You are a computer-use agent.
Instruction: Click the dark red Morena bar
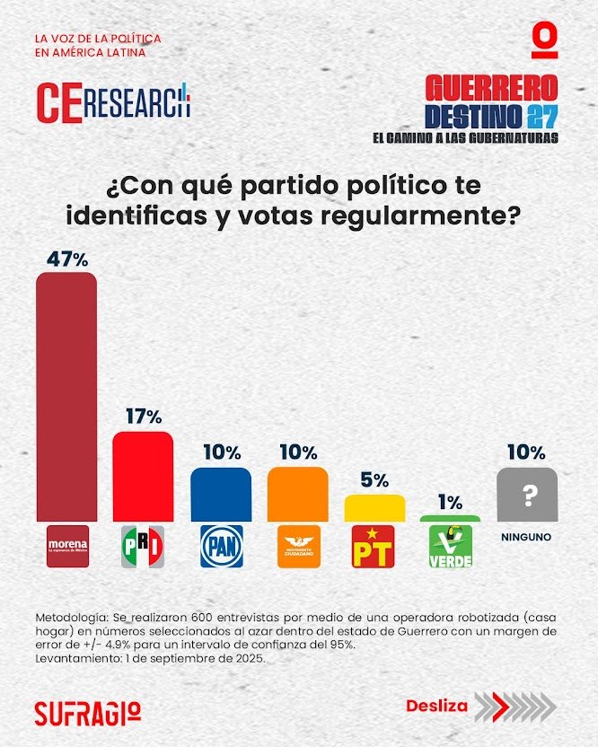point(66,395)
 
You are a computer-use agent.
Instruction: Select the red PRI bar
point(143,476)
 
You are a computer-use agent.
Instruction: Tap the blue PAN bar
point(221,494)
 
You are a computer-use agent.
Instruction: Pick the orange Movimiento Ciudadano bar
point(297,494)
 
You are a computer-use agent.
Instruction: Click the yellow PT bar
point(374,507)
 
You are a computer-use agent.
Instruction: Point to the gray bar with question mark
point(527,494)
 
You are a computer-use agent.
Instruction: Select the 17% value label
point(144,417)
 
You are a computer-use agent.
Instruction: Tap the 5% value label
point(375,480)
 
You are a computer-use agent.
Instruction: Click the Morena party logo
point(67,547)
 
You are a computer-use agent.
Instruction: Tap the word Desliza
point(436,706)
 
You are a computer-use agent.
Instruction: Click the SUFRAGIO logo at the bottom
point(87,711)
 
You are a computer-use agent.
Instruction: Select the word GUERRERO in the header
point(491,88)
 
